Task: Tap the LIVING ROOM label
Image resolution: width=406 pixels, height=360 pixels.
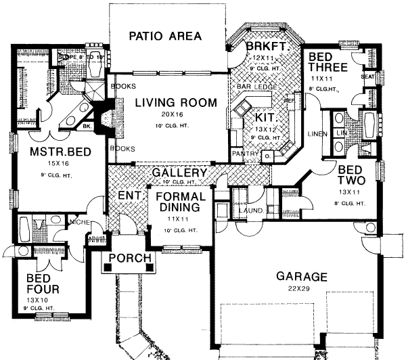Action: (175, 103)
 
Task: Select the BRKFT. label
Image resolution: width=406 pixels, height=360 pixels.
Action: (263, 47)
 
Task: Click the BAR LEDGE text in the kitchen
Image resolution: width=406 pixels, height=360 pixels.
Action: (253, 88)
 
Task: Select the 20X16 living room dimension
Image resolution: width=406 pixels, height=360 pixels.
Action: (175, 116)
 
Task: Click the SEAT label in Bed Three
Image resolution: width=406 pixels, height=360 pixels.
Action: (369, 76)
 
